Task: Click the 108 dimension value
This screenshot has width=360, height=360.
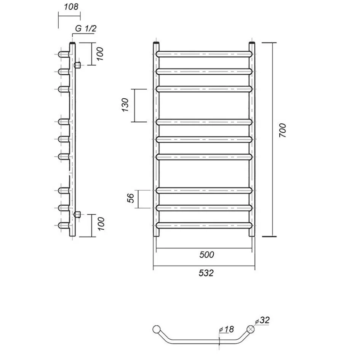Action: click(71, 7)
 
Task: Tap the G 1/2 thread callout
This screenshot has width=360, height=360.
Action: click(86, 29)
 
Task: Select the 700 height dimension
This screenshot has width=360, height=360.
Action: click(282, 130)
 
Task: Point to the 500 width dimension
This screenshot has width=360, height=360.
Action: click(206, 254)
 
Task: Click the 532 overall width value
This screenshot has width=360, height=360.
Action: click(206, 273)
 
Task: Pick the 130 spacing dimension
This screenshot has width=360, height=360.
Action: click(125, 105)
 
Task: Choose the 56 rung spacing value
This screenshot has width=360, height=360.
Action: click(130, 198)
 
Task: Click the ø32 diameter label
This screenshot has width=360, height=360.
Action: click(262, 320)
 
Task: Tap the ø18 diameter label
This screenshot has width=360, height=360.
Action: click(226, 330)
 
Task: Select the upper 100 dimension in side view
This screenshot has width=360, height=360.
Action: click(100, 54)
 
